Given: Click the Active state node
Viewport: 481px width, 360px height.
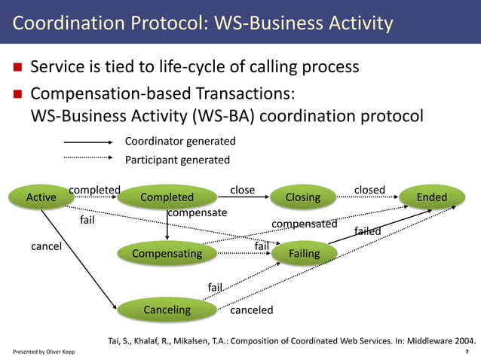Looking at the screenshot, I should click(41, 197).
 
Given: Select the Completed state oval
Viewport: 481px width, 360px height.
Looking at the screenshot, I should click(167, 197).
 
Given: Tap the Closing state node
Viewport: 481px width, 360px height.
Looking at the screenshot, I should click(303, 197).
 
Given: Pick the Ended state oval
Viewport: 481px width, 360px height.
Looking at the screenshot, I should click(431, 197).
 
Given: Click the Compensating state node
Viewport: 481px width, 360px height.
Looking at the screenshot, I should click(167, 254).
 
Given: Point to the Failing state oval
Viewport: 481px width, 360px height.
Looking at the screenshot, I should click(304, 254).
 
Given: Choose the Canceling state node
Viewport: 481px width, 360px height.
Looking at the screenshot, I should click(167, 310).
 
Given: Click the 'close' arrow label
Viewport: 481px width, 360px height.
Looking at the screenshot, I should click(242, 190).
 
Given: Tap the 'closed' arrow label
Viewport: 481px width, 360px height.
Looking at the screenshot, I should click(369, 190).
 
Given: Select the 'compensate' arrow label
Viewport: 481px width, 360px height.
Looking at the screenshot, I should click(197, 213).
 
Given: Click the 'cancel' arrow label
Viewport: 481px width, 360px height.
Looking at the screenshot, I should click(46, 246).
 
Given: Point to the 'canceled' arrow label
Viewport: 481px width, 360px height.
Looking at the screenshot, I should click(251, 310).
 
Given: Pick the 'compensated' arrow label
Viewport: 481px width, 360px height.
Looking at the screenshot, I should click(304, 224).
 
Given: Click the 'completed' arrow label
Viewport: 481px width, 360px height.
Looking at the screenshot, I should click(94, 190).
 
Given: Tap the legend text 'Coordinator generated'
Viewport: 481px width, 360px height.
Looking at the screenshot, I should click(180, 142).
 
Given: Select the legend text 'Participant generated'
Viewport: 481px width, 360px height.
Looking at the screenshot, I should click(177, 160).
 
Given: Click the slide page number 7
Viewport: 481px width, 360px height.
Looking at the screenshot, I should click(467, 352).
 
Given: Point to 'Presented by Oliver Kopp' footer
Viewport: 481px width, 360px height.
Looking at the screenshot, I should click(44, 352).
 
